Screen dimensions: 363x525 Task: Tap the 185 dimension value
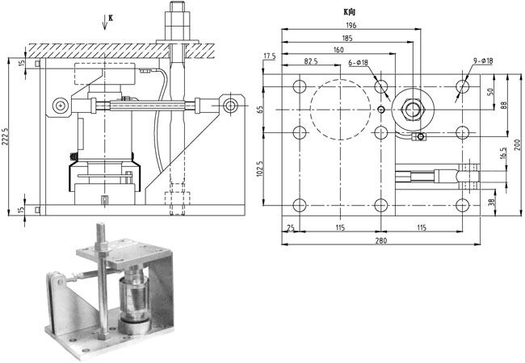[347, 38]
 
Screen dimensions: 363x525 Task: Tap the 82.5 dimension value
[311, 61]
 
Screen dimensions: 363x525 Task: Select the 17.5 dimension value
[270, 56]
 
